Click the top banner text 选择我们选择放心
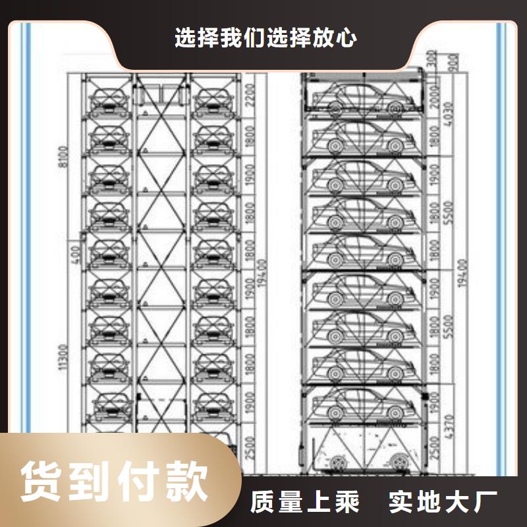point(266,38)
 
